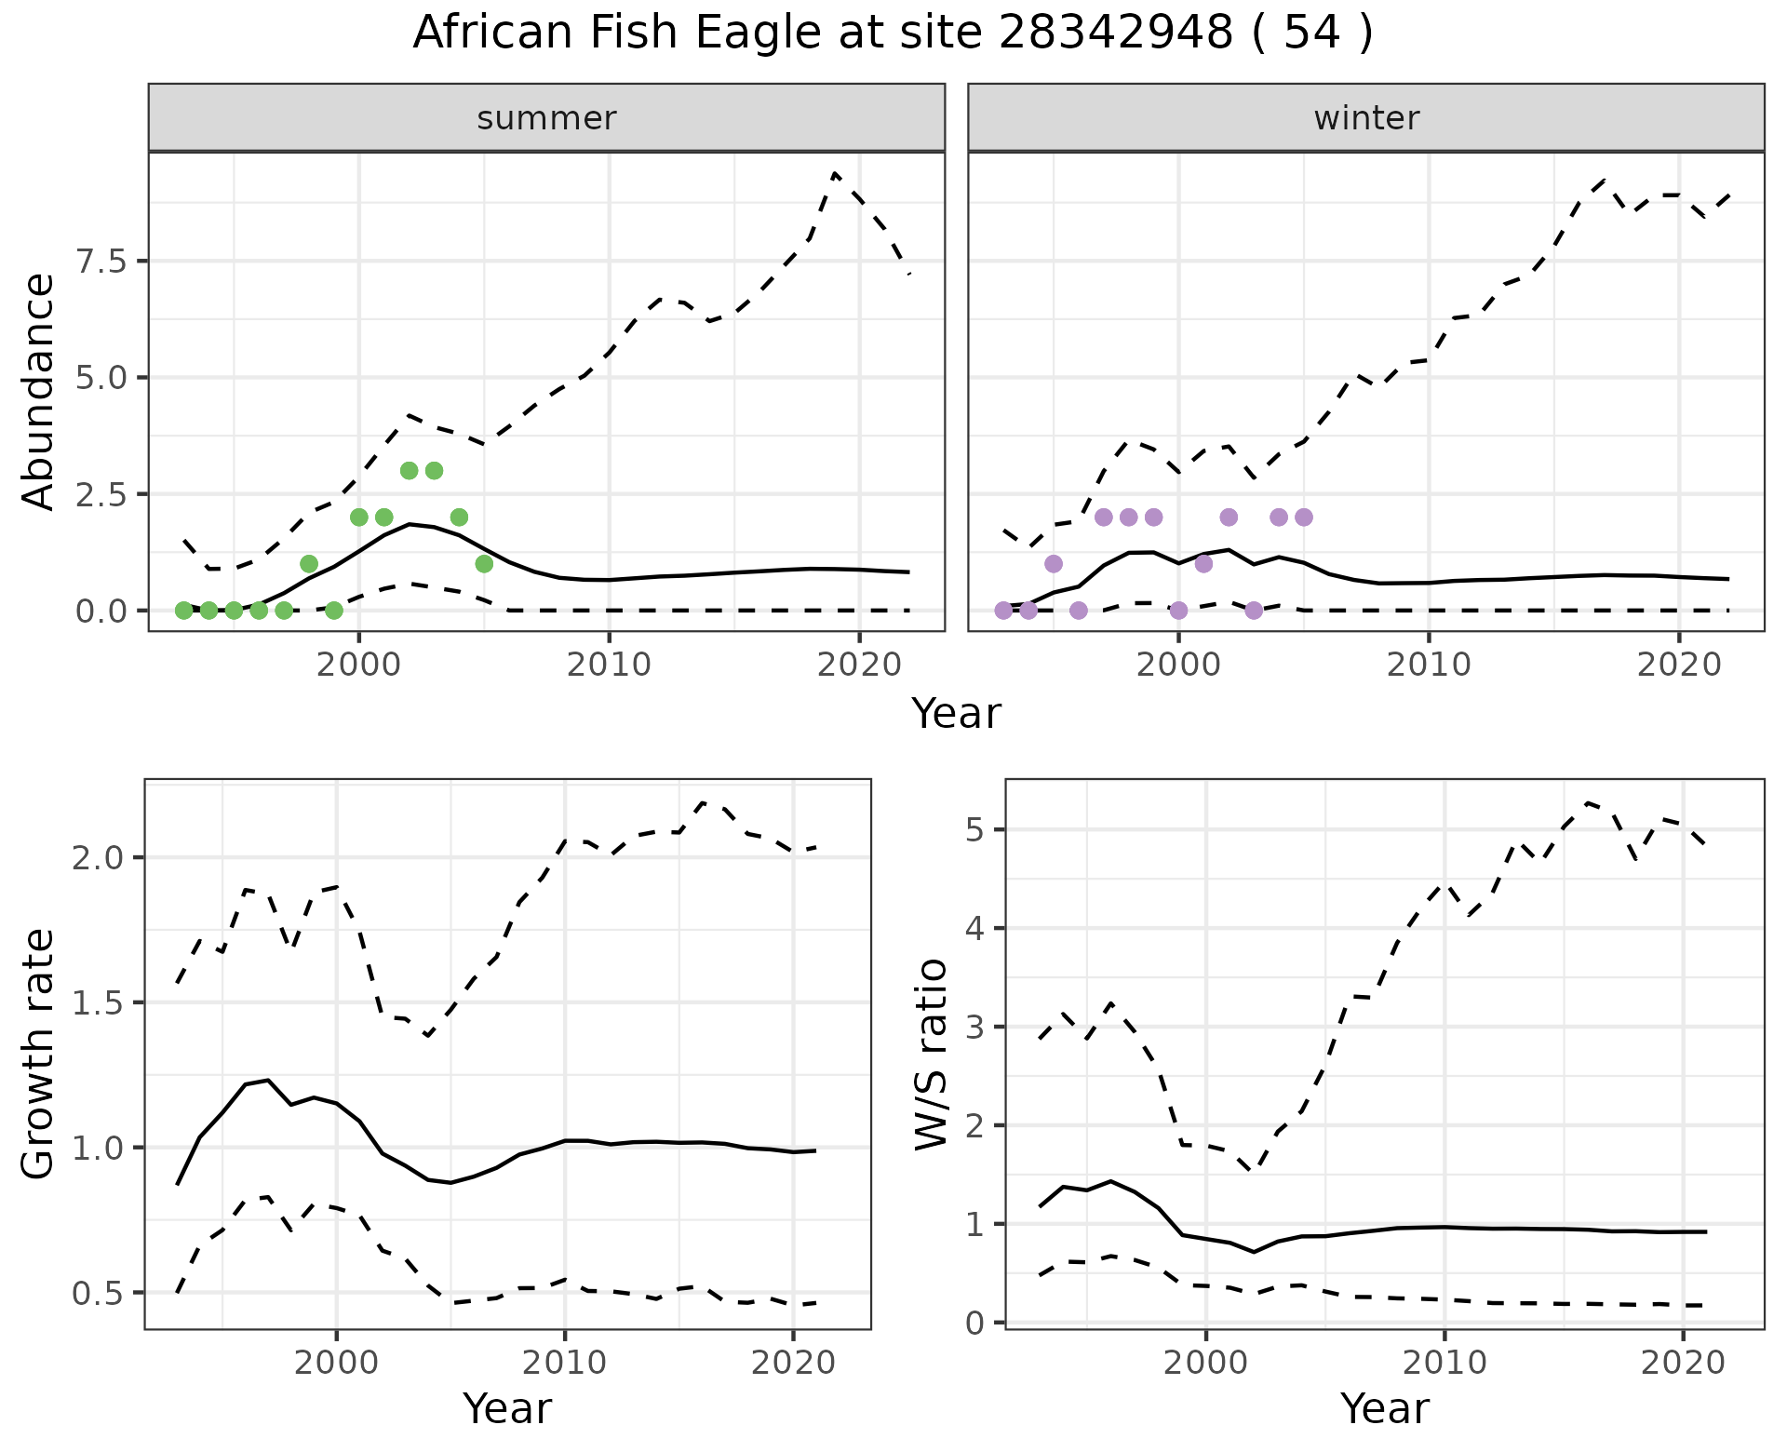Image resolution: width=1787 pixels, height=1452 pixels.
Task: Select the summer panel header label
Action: (546, 118)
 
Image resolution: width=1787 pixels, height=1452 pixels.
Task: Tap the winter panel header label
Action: (1366, 118)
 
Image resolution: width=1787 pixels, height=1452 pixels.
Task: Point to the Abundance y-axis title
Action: (39, 391)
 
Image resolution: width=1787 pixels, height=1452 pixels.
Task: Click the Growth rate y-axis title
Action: (39, 1055)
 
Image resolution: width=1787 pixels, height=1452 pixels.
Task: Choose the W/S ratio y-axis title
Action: (931, 1055)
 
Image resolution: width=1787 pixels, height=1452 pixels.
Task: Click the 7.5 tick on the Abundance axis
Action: (101, 262)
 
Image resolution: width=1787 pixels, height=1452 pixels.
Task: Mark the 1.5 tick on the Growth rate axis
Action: (98, 1003)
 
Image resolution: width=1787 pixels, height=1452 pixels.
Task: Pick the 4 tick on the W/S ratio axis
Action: (976, 929)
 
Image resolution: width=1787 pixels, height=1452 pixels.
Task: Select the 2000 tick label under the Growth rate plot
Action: (336, 1364)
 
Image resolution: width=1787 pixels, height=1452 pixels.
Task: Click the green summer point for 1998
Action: (309, 564)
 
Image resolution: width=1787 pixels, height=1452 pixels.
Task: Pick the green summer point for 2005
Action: (484, 564)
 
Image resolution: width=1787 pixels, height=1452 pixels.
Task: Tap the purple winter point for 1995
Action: (1054, 564)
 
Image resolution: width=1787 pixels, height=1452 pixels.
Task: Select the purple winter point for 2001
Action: (1203, 564)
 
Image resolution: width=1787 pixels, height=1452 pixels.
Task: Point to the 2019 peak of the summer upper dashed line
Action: (835, 174)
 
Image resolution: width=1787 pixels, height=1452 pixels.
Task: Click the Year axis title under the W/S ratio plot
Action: (1384, 1409)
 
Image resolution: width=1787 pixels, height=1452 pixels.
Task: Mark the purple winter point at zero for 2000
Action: (1178, 611)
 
